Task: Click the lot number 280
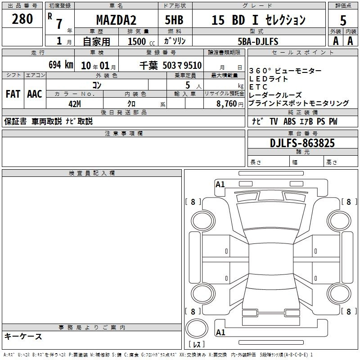pyautogui.click(x=22, y=19)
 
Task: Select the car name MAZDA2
pyautogui.click(x=116, y=20)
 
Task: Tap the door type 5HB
pyautogui.click(x=174, y=20)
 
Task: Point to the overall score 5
pyautogui.click(x=343, y=20)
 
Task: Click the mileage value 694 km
pyautogui.click(x=61, y=65)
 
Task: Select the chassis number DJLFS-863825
pyautogui.click(x=302, y=143)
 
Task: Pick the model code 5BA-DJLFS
pyautogui.click(x=258, y=41)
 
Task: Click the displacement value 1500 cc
pyautogui.click(x=141, y=41)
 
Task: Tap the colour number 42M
pyautogui.click(x=75, y=104)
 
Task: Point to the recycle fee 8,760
pyautogui.click(x=226, y=104)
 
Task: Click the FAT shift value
pyautogui.click(x=13, y=94)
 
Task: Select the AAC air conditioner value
pyautogui.click(x=35, y=94)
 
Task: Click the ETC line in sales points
pyautogui.click(x=258, y=87)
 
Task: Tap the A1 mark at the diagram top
pyautogui.click(x=220, y=184)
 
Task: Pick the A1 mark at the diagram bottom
pyautogui.click(x=220, y=332)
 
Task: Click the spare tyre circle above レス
pyautogui.click(x=197, y=328)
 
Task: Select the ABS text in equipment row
pyautogui.click(x=289, y=121)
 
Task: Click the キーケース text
pyautogui.click(x=23, y=336)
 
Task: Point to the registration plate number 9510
pyautogui.click(x=193, y=65)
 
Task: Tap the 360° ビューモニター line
pyautogui.click(x=285, y=71)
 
